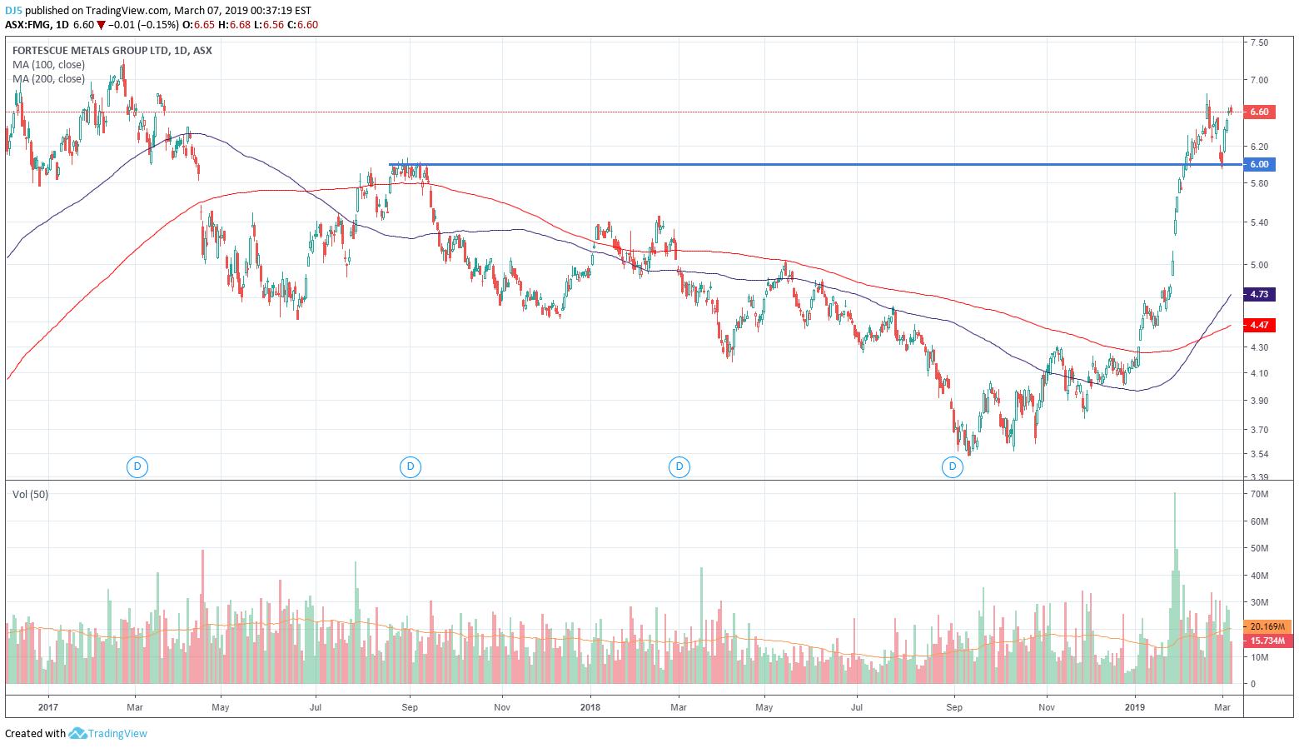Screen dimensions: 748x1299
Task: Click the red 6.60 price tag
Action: pyautogui.click(x=1259, y=112)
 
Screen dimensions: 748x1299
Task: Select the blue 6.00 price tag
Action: pyautogui.click(x=1259, y=164)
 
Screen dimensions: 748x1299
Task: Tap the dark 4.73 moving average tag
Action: pyautogui.click(x=1259, y=294)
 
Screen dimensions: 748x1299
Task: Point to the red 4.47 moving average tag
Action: pyautogui.click(x=1259, y=325)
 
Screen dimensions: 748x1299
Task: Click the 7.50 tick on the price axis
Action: pyautogui.click(x=1259, y=42)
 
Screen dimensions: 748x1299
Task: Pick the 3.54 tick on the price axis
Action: pyautogui.click(x=1259, y=454)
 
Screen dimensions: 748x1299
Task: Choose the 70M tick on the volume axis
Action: pyautogui.click(x=1259, y=494)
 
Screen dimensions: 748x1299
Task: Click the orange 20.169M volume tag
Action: pyautogui.click(x=1268, y=626)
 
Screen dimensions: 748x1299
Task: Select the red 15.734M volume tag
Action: pyautogui.click(x=1267, y=641)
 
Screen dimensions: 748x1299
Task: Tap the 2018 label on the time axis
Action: pyautogui.click(x=590, y=707)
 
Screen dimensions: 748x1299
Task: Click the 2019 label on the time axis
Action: pyautogui.click(x=1135, y=707)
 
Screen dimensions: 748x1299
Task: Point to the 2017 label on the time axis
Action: pyautogui.click(x=47, y=707)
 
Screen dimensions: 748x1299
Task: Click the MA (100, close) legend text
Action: pyautogui.click(x=48, y=65)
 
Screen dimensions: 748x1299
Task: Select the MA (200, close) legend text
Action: pyautogui.click(x=48, y=79)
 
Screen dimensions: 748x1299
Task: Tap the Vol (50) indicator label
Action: pyautogui.click(x=30, y=495)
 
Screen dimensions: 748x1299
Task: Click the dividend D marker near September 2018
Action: pyautogui.click(x=952, y=466)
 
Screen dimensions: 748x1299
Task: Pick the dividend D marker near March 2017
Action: pyautogui.click(x=137, y=466)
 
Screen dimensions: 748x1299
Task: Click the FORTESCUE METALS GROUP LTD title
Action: pyautogui.click(x=90, y=51)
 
